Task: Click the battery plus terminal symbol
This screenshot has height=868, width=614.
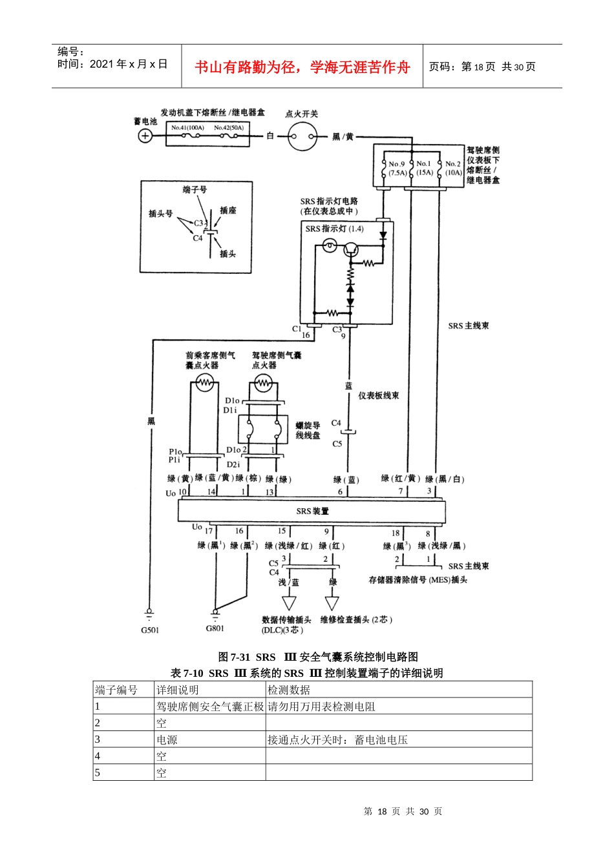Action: [145, 136]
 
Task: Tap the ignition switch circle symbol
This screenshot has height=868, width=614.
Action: [302, 136]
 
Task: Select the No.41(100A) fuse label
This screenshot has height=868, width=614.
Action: [187, 128]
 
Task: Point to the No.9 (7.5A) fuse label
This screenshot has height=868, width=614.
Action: [397, 168]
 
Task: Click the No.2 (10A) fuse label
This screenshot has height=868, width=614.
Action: [453, 168]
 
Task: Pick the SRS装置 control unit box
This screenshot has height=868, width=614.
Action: [312, 511]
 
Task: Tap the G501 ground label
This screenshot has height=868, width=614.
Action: [150, 630]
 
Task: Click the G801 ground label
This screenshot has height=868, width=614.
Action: [215, 628]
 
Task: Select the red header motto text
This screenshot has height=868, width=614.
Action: [302, 67]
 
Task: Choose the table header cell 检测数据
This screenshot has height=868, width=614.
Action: [289, 690]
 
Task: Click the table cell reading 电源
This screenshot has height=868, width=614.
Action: [167, 739]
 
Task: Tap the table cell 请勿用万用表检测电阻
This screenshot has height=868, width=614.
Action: [321, 707]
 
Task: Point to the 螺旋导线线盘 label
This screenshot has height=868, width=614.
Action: [308, 430]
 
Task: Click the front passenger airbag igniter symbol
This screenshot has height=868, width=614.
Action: [204, 384]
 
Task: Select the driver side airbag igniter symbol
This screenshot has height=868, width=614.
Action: [263, 384]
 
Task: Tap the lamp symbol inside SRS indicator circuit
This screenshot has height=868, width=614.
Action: [330, 247]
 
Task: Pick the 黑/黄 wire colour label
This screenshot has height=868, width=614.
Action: [343, 136]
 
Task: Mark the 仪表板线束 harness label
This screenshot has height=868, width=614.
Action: [379, 395]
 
